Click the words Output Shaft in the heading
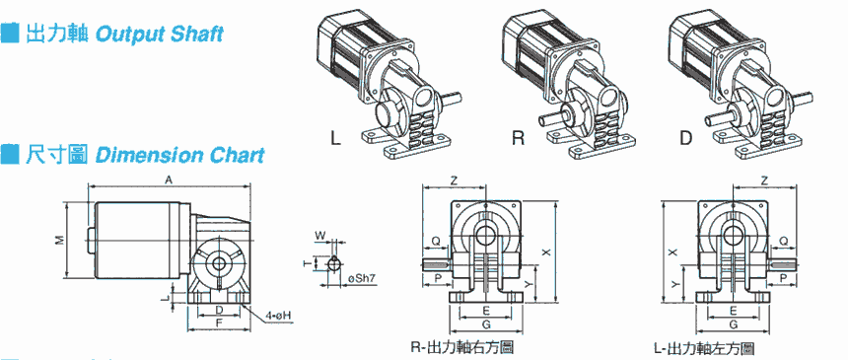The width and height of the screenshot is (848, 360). pyautogui.click(x=159, y=35)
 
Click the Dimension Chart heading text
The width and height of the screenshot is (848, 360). pyautogui.click(x=180, y=155)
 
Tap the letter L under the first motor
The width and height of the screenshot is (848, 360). pyautogui.click(x=336, y=139)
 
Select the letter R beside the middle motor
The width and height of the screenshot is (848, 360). pyautogui.click(x=518, y=139)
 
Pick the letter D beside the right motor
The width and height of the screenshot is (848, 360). pyautogui.click(x=685, y=139)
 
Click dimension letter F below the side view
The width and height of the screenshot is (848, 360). pyautogui.click(x=219, y=323)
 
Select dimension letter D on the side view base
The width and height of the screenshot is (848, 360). pyautogui.click(x=219, y=310)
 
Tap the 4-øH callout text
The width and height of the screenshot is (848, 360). pyautogui.click(x=279, y=315)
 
